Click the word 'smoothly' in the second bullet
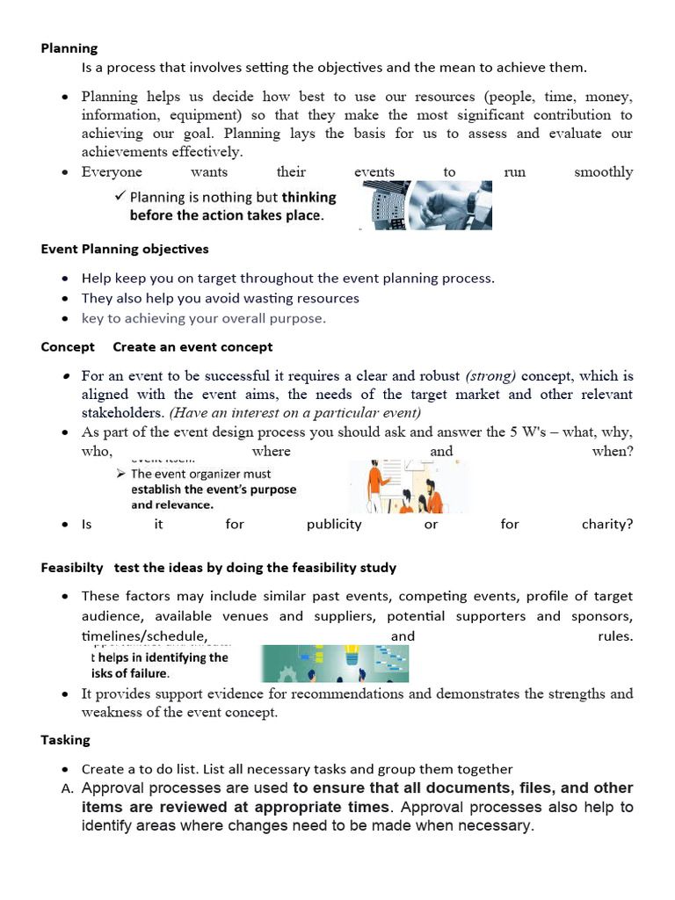click(603, 172)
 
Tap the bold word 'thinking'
click(308, 198)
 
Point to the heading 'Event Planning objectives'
click(125, 250)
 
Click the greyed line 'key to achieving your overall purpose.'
click(203, 318)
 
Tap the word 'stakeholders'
click(122, 413)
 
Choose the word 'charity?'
click(606, 524)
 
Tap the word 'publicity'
click(334, 524)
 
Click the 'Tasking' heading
click(65, 740)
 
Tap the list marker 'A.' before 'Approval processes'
click(66, 789)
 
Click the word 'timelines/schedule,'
click(145, 636)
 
